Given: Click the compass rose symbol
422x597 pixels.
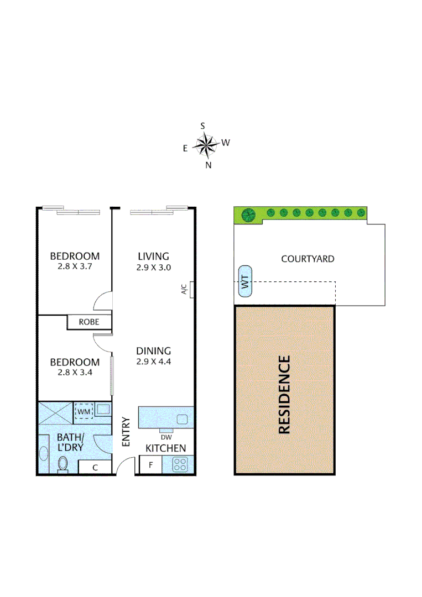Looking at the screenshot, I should coord(206,145).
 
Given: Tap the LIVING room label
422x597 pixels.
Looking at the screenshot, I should coord(153,256).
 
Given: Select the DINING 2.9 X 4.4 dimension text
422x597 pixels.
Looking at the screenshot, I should coord(153,363).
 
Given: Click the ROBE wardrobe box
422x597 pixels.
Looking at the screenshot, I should coord(89,322).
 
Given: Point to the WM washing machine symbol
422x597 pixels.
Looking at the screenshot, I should coord(84,411).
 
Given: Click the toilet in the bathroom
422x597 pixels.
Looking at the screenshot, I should coord(62,465).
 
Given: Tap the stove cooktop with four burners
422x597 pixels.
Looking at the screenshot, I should coord(180,465).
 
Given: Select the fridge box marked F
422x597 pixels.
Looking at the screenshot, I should coord(150,465).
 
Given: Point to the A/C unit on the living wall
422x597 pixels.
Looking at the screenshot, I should coord(191,290).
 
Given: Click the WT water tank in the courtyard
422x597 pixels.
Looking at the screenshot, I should coord(244,284).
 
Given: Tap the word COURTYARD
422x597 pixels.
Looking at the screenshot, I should coord(308,259).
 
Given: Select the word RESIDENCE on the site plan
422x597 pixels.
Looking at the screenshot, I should coord(284,394).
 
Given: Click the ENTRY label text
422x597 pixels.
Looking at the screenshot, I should coord(126,432).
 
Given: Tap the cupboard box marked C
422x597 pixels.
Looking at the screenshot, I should coord(95,467).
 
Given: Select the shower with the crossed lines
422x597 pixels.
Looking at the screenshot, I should coord(55,411).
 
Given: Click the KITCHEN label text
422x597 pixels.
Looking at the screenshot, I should coord(165,448).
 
